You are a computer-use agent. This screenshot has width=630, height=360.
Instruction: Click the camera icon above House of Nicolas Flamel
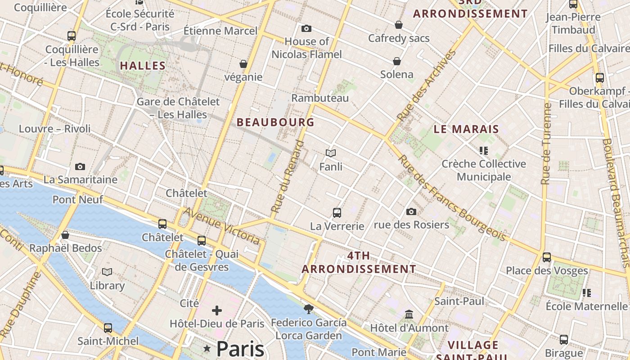coord(306,29)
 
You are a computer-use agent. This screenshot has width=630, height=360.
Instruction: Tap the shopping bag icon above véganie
coord(243,64)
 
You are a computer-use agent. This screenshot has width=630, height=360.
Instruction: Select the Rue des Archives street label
coord(427,85)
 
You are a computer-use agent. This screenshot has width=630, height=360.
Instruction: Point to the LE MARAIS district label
coord(466,129)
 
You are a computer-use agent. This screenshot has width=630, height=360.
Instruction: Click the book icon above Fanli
coord(331,153)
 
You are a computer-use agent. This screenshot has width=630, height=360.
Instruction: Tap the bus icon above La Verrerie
coord(337,213)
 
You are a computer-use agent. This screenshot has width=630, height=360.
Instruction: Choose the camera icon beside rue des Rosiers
coord(411,211)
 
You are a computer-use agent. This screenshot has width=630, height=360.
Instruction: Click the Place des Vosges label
coord(547,270)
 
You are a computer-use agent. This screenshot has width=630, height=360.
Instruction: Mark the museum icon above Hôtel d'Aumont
coord(409,314)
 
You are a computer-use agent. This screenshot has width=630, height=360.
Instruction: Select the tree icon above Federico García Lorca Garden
coord(308,309)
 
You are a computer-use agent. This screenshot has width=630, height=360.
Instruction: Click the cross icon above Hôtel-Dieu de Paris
coord(217,310)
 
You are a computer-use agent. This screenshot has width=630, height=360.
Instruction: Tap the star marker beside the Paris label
coord(207,348)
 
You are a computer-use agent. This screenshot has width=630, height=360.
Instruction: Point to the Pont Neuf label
coord(78,199)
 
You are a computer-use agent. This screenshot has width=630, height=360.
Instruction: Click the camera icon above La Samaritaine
coord(80,167)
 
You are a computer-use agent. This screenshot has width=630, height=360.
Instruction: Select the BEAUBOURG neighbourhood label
coord(275,122)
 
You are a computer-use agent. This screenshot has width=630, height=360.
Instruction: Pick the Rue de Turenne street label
coord(546,144)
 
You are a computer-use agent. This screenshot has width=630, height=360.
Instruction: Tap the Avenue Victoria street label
coord(222,226)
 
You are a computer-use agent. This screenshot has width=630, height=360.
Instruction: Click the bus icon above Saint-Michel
coord(108,328)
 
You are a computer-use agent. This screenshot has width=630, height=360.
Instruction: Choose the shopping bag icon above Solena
coord(397,61)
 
